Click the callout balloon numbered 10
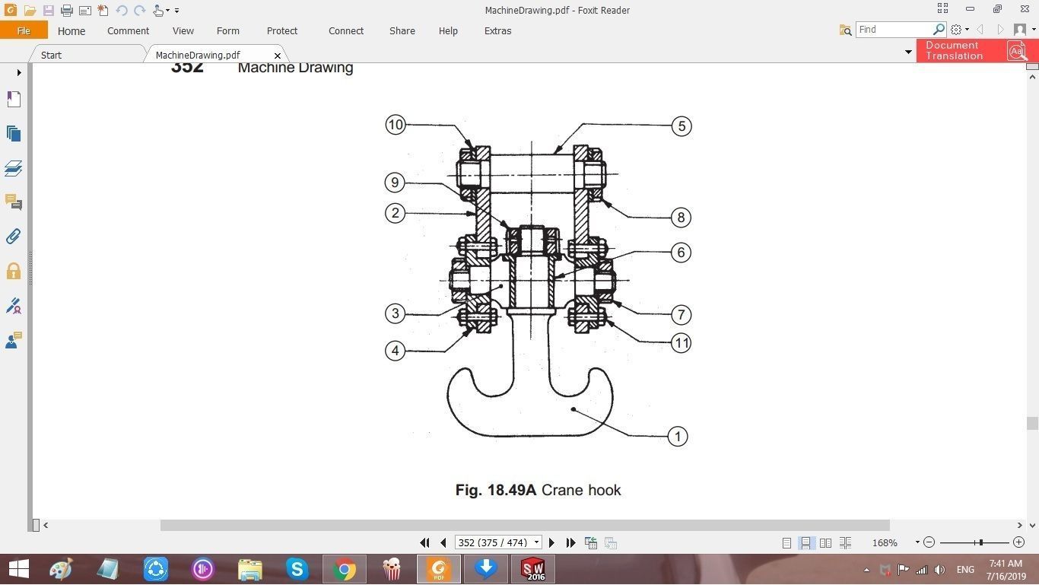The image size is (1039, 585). (x=395, y=125)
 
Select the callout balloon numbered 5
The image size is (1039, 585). (x=682, y=126)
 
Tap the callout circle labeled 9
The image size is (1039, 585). (x=394, y=183)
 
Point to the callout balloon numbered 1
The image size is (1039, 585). (x=677, y=437)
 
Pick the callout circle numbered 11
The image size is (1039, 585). (x=681, y=343)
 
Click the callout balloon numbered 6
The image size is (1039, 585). (x=681, y=253)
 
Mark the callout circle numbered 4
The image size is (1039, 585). (x=394, y=351)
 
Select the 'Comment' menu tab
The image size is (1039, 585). (x=128, y=31)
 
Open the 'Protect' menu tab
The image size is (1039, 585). (x=281, y=31)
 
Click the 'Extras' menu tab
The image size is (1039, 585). (x=497, y=31)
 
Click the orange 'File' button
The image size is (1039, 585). (x=24, y=31)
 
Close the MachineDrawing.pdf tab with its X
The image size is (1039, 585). (x=278, y=56)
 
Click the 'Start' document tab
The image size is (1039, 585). (x=51, y=56)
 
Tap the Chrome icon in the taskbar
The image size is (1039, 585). (x=344, y=569)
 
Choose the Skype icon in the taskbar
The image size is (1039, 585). (x=297, y=569)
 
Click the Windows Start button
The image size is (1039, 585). (x=18, y=569)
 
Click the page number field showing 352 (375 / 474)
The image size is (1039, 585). (x=493, y=543)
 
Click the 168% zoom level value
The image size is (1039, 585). (x=885, y=543)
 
